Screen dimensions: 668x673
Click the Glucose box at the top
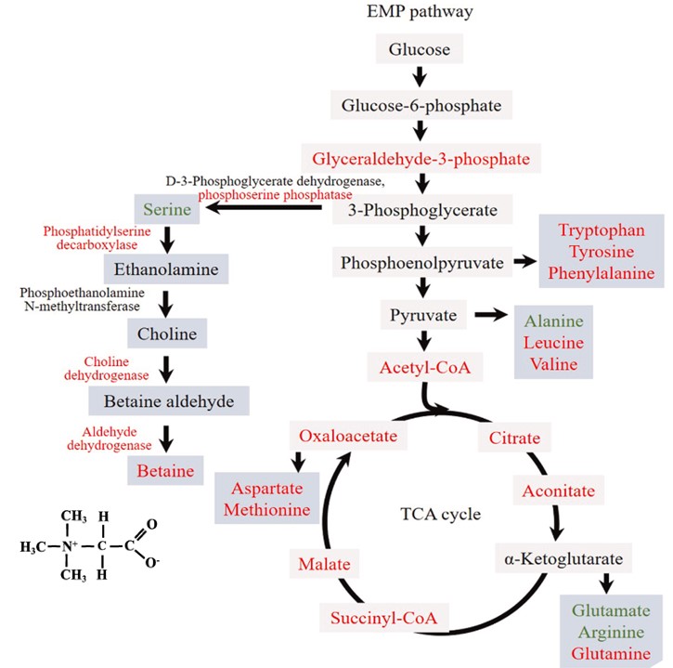[x=420, y=50]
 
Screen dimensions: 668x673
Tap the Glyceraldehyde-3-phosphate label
[x=421, y=157]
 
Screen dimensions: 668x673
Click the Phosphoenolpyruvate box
[x=422, y=264]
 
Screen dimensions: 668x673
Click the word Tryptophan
[x=601, y=229]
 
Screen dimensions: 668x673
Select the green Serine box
[x=167, y=210]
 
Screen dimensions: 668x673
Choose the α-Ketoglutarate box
[x=563, y=559]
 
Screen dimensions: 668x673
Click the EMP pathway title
[x=420, y=14]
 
